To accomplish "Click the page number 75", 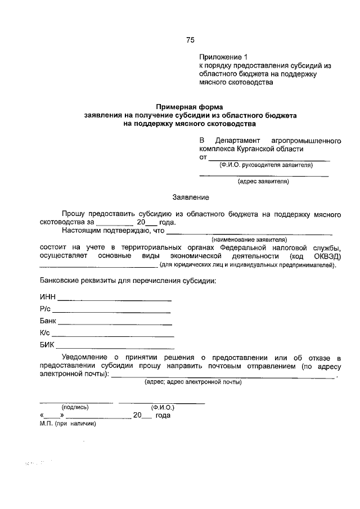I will (x=190, y=40).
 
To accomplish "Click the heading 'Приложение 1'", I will (x=223, y=57).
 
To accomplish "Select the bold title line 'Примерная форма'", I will (x=190, y=106).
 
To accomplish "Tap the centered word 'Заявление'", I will (x=190, y=197).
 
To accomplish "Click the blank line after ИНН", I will (x=115, y=299).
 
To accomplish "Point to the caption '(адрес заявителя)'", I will (x=263, y=182).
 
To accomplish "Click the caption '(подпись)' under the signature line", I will (x=75, y=407).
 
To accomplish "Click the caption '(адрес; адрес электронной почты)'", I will (x=193, y=382).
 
